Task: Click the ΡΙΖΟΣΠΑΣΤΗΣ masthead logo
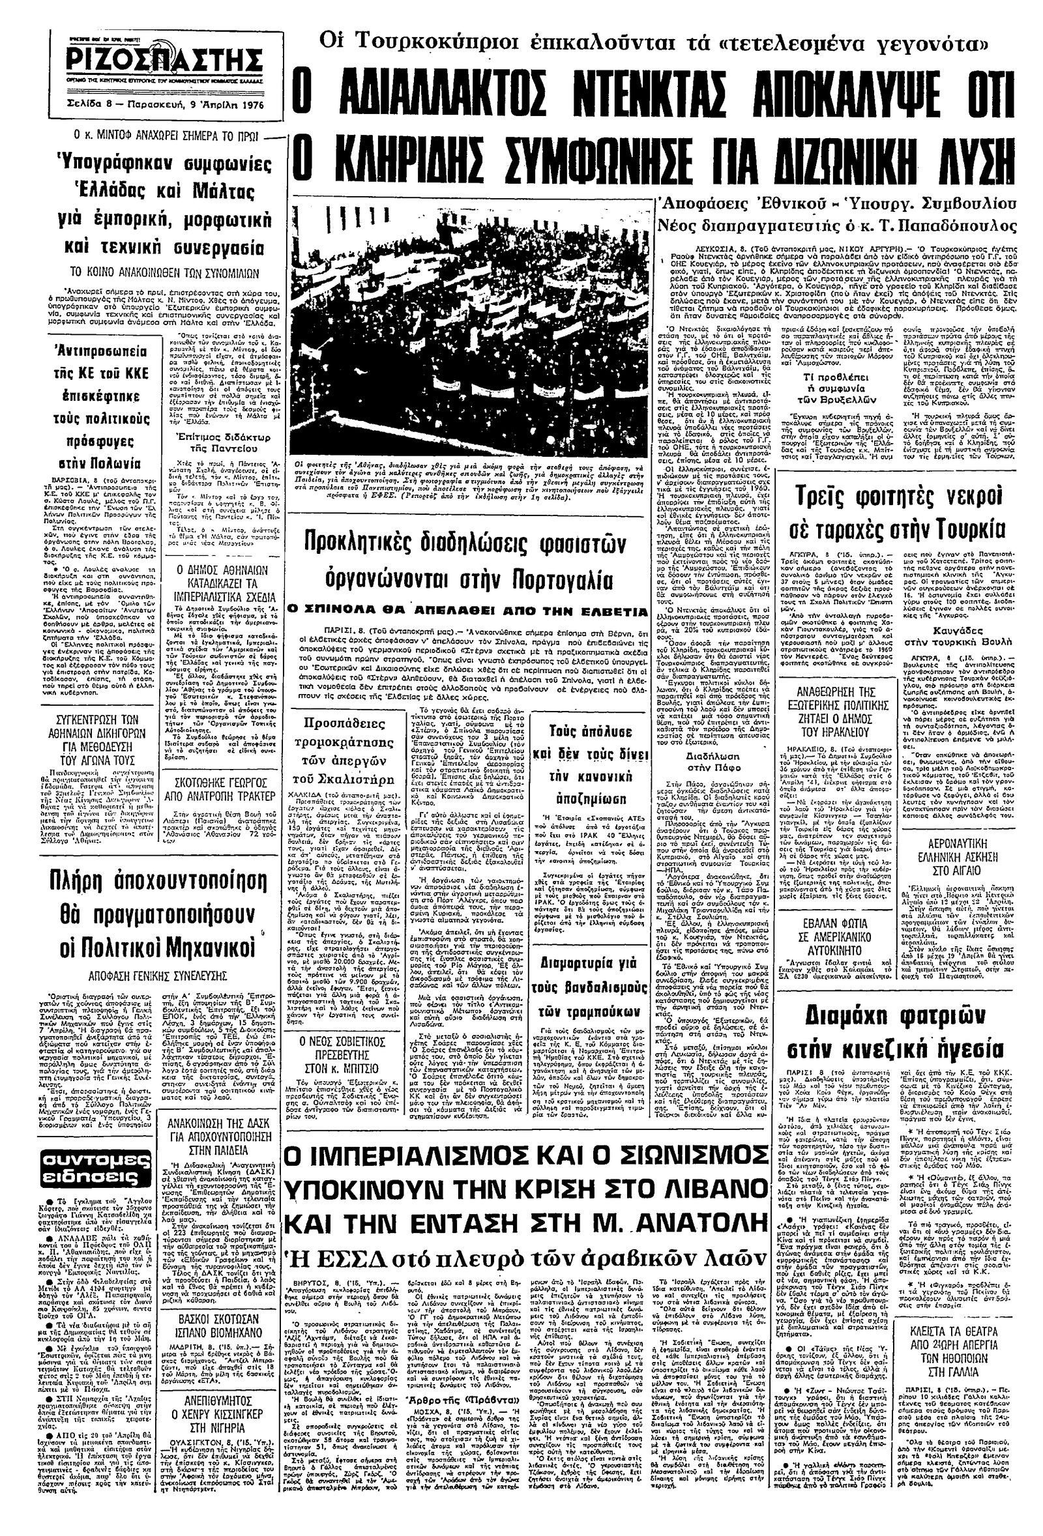(164, 63)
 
